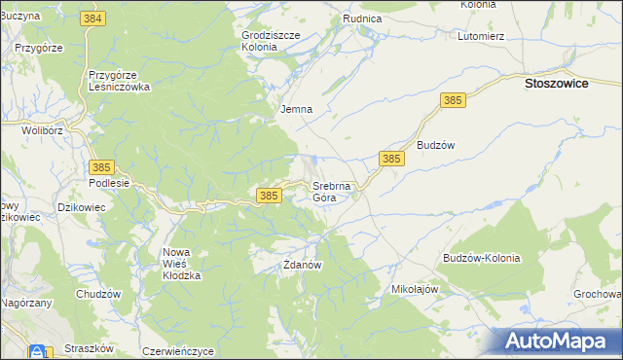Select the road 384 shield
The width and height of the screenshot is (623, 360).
pos(93,19)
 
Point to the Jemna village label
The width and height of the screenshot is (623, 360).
pos(296,109)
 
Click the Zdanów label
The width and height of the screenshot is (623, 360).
pos(302,264)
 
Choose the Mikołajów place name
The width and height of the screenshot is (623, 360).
pos(416,289)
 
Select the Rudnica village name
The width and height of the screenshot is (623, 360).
pos(361,18)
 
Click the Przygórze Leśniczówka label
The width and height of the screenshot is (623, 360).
pos(118,79)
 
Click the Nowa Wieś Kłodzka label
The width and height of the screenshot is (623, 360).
pos(181,264)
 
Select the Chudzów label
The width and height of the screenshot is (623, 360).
pos(97,294)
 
